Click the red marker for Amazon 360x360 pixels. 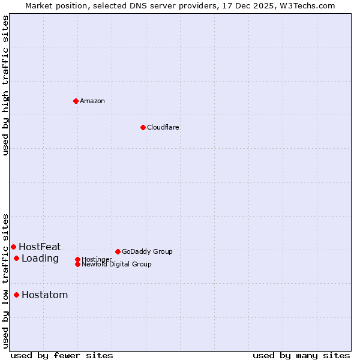click(76, 101)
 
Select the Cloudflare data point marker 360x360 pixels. click(143, 127)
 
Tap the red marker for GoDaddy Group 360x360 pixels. click(118, 251)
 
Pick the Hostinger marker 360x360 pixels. click(77, 259)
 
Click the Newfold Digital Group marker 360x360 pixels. click(77, 264)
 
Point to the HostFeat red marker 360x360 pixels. click(13, 247)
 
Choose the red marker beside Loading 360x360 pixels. click(16, 258)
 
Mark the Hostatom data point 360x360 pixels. click(16, 295)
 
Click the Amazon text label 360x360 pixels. click(92, 101)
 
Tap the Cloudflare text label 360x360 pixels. click(163, 127)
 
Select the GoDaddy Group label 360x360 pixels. click(147, 251)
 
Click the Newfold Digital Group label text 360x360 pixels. click(116, 264)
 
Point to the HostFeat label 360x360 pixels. click(40, 247)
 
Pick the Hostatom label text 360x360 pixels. click(44, 295)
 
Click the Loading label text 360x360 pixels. click(40, 259)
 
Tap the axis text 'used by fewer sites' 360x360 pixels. click(62, 355)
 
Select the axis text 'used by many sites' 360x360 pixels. click(301, 355)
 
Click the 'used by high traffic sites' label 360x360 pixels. click(5, 85)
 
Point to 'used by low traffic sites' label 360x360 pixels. click(5, 281)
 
